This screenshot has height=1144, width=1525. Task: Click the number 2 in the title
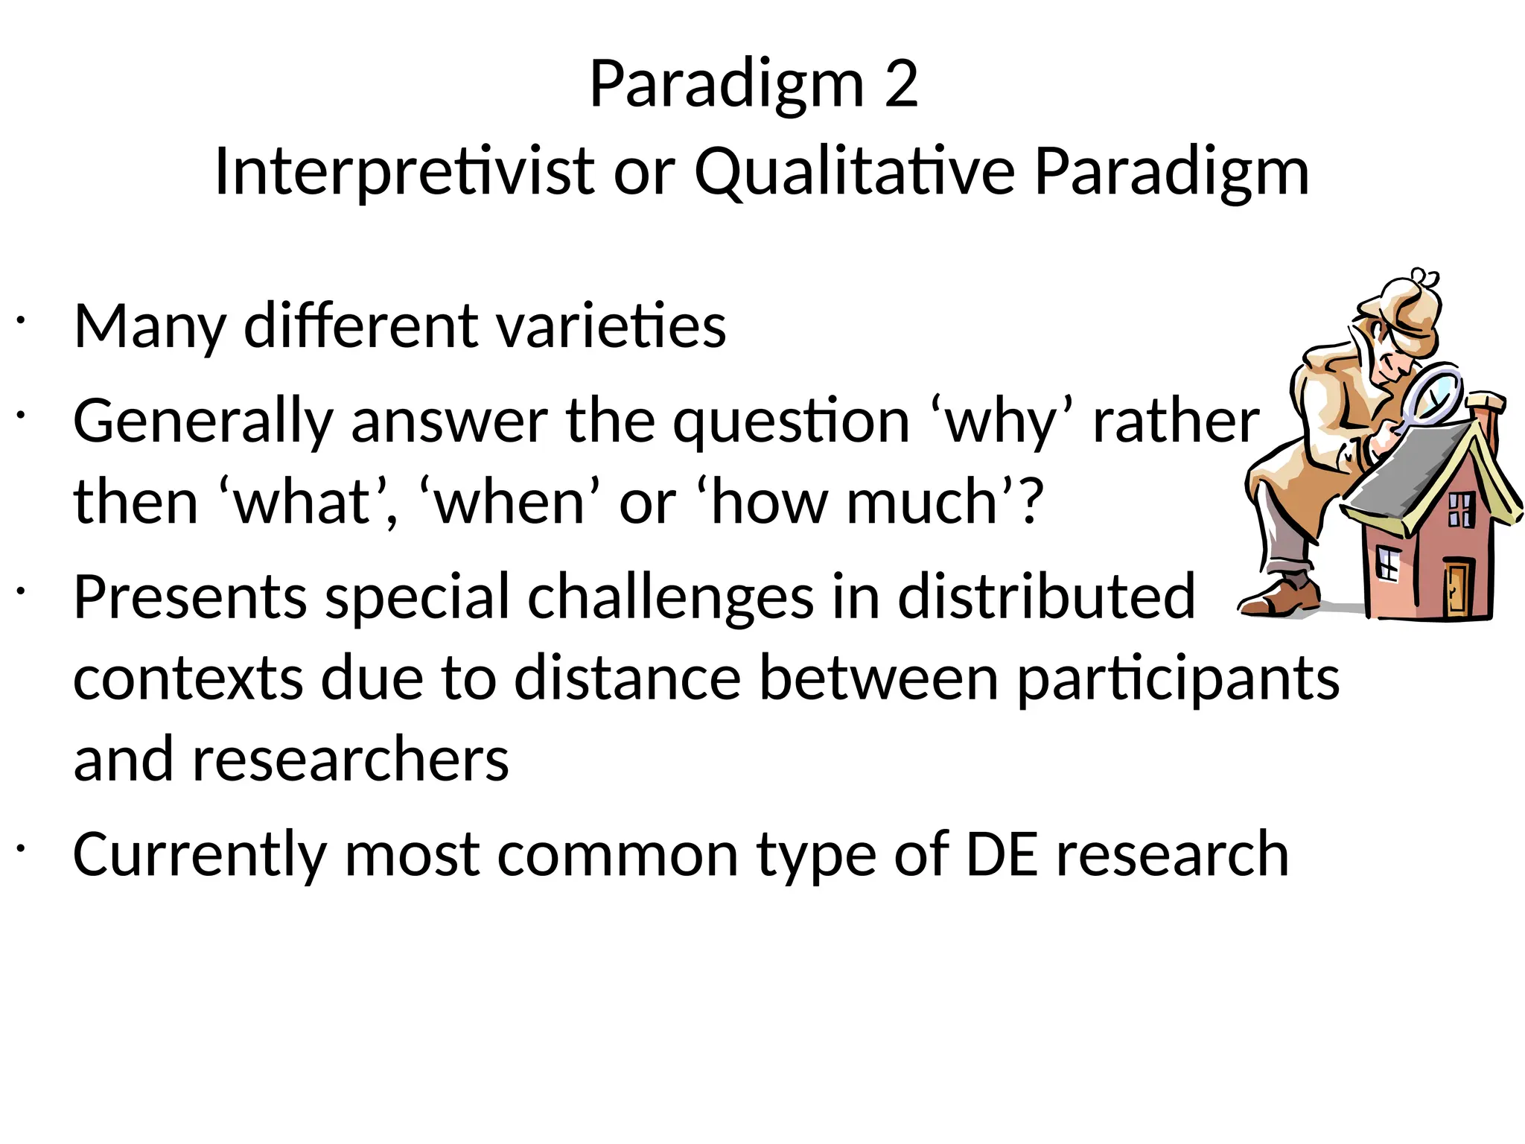(901, 85)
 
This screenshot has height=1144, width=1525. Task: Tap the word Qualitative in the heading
(855, 173)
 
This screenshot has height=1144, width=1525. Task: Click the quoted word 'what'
(304, 503)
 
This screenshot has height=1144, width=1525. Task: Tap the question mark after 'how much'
(1031, 501)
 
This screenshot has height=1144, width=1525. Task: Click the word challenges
(670, 598)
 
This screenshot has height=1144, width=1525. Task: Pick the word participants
(1178, 680)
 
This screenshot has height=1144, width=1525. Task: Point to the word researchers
(350, 760)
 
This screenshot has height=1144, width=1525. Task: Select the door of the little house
(1458, 588)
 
